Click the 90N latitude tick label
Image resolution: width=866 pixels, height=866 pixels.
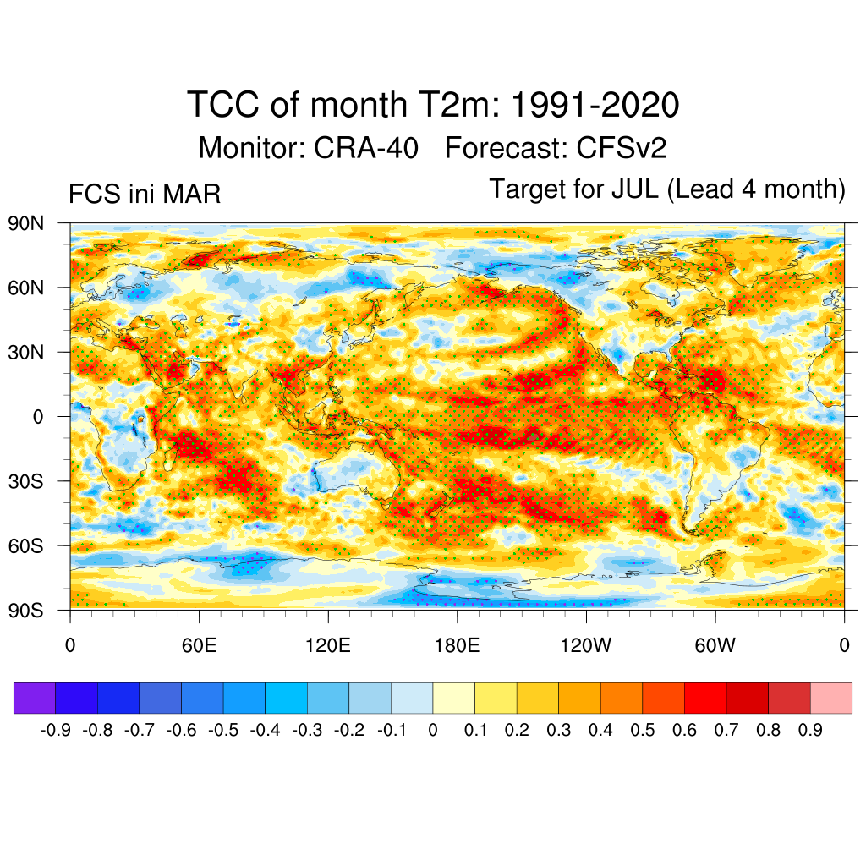25,224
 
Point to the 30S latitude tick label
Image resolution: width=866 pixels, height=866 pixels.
25,481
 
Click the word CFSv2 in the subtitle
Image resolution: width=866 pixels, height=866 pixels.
622,148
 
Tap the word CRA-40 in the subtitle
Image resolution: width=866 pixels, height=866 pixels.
365,148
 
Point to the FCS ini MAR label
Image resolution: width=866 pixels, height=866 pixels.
145,195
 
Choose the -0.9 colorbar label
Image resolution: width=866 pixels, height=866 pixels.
55,730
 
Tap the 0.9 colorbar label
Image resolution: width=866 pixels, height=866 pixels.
810,730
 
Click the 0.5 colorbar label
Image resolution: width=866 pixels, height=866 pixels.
643,730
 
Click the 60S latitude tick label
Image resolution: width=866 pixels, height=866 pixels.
25,545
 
